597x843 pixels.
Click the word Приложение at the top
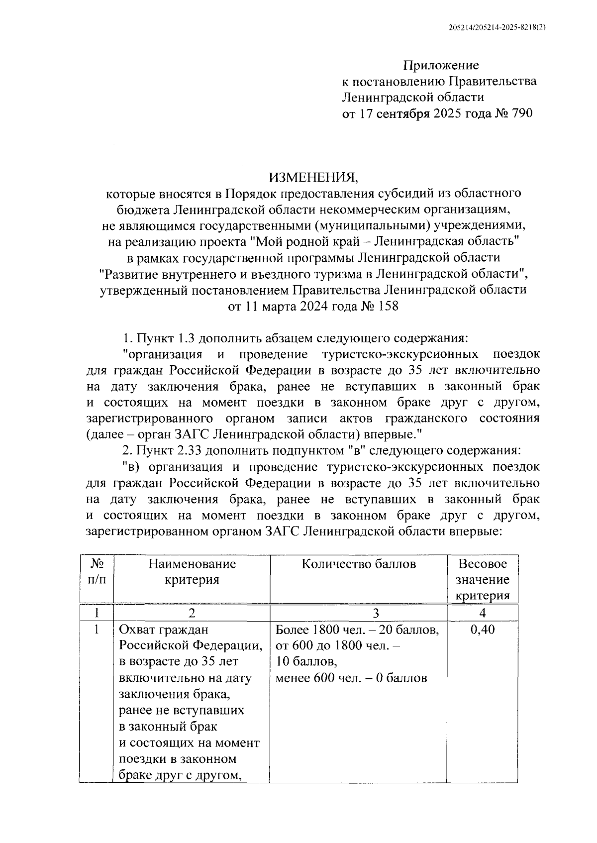[441, 65]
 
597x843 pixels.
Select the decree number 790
[520, 113]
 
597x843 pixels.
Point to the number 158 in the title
[388, 306]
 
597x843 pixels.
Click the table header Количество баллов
[359, 564]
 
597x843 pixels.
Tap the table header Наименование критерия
[192, 572]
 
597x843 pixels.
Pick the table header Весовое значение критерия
[483, 580]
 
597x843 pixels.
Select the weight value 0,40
[482, 630]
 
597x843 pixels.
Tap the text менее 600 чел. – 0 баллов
[351, 678]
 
